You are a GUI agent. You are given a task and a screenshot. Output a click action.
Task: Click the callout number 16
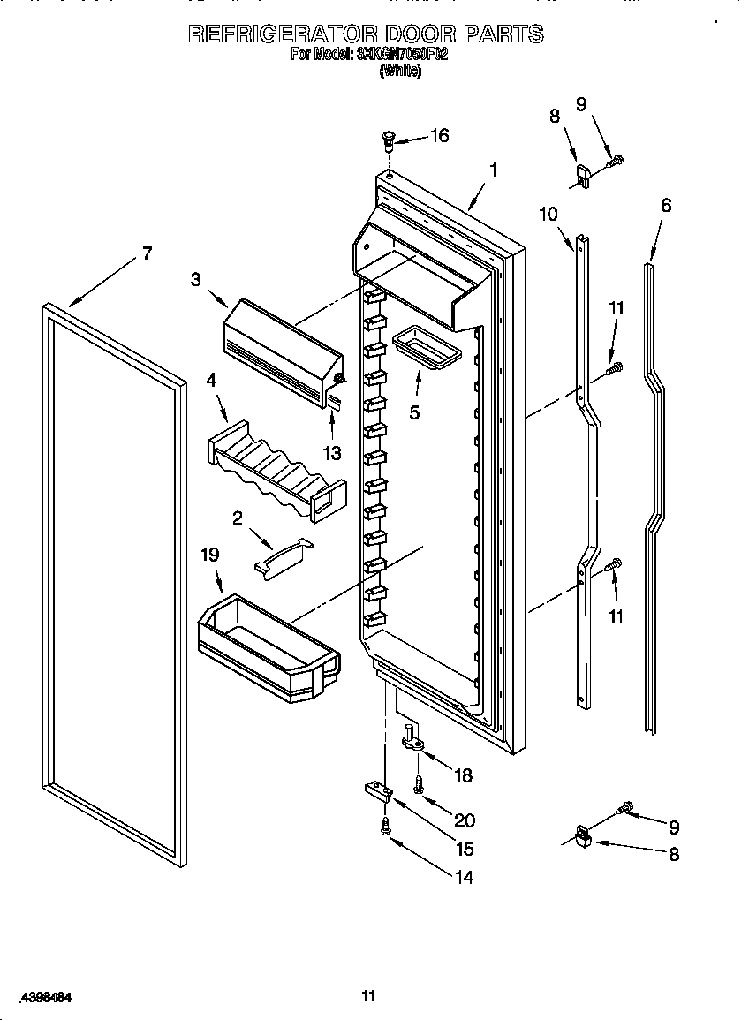click(x=439, y=135)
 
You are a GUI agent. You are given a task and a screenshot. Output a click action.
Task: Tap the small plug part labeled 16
click(x=388, y=139)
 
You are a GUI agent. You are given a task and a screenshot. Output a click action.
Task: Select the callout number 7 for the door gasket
click(x=147, y=253)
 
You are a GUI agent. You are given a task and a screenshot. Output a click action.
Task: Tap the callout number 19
click(x=209, y=555)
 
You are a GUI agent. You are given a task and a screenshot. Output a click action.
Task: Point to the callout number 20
click(x=465, y=820)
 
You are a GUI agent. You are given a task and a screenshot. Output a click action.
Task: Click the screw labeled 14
click(x=385, y=826)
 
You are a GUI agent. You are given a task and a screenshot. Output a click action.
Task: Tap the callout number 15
click(x=465, y=849)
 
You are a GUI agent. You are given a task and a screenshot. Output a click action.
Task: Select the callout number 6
click(x=665, y=206)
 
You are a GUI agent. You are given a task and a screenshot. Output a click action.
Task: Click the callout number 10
click(x=549, y=213)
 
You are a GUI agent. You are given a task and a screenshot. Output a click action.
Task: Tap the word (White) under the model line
click(x=400, y=72)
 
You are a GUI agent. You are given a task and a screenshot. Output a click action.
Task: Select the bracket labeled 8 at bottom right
click(x=582, y=835)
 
